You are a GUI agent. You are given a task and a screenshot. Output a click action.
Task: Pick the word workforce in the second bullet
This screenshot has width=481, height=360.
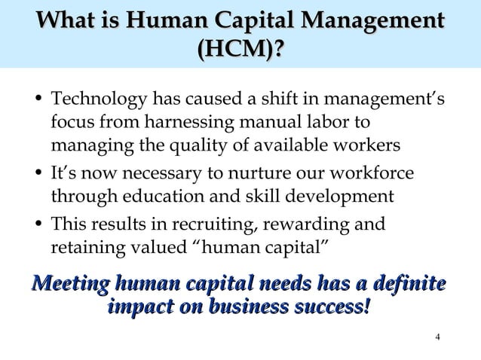tap(377, 175)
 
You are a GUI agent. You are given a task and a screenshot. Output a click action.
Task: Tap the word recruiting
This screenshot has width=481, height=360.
tap(245, 224)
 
